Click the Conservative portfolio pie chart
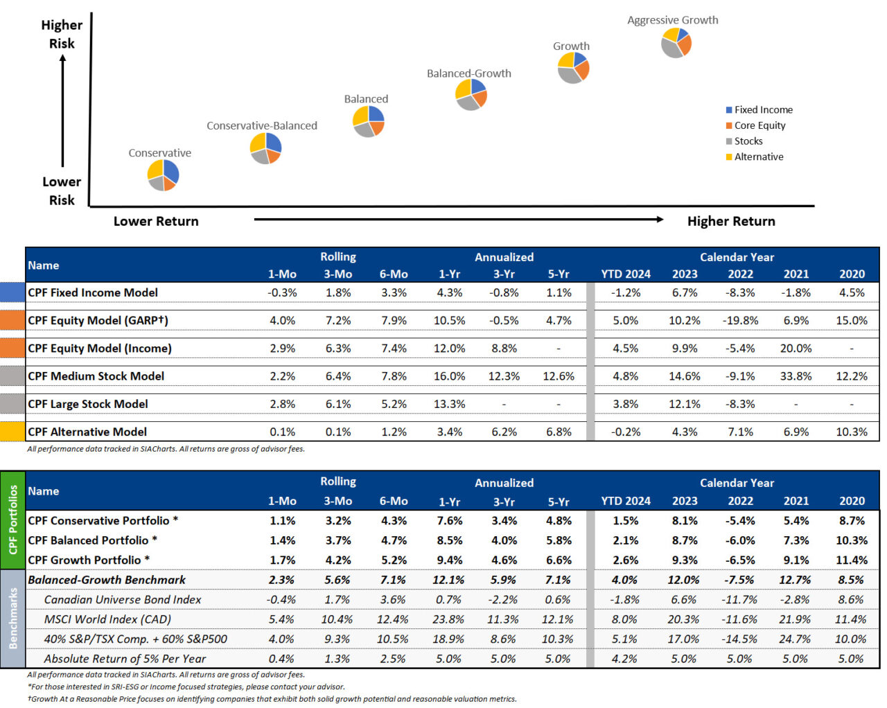pyautogui.click(x=163, y=175)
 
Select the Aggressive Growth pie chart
pyautogui.click(x=676, y=43)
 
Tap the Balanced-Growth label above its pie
pyautogui.click(x=468, y=73)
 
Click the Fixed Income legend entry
pyautogui.click(x=762, y=109)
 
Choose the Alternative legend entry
pyautogui.click(x=758, y=157)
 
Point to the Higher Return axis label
pyautogui.click(x=730, y=221)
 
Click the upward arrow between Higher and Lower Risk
pyautogui.click(x=62, y=111)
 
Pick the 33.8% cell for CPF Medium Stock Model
pyautogui.click(x=796, y=376)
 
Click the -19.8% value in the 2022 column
pyautogui.click(x=740, y=321)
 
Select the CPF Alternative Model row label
pyautogui.click(x=87, y=432)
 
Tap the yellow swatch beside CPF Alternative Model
pyautogui.click(x=12, y=432)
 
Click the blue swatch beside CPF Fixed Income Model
pyautogui.click(x=12, y=292)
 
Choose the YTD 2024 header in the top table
pyautogui.click(x=625, y=274)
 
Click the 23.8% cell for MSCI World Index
pyautogui.click(x=448, y=619)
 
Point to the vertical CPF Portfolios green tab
pyautogui.click(x=12, y=520)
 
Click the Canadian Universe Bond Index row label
pyautogui.click(x=122, y=599)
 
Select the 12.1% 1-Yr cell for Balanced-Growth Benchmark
pyautogui.click(x=448, y=580)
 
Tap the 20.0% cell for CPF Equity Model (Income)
pyautogui.click(x=796, y=348)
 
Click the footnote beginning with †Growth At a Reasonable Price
pyautogui.click(x=272, y=699)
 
